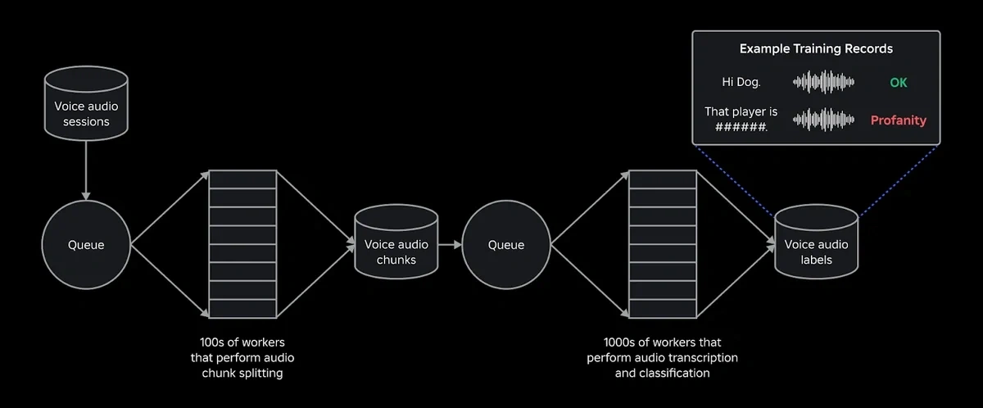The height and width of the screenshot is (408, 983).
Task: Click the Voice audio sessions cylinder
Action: (x=86, y=111)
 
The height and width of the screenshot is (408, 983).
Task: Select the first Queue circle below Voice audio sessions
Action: (x=86, y=245)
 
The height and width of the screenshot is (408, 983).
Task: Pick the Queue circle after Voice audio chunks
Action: (x=505, y=245)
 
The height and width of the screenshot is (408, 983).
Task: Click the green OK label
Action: (x=898, y=83)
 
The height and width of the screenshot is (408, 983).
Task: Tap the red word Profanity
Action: (x=898, y=120)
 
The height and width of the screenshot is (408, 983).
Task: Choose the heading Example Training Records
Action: (x=816, y=49)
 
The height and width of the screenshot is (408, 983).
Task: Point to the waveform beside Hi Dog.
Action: (x=823, y=83)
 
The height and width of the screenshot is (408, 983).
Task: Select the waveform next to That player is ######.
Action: (x=823, y=120)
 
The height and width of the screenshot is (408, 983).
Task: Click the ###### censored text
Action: (x=741, y=128)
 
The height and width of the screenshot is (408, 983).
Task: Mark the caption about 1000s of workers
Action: (x=662, y=357)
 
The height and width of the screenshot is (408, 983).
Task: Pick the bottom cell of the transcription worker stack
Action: (x=662, y=309)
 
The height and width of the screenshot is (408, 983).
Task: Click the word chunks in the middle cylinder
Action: (x=396, y=260)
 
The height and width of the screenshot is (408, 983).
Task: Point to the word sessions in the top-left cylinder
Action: (x=86, y=121)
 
